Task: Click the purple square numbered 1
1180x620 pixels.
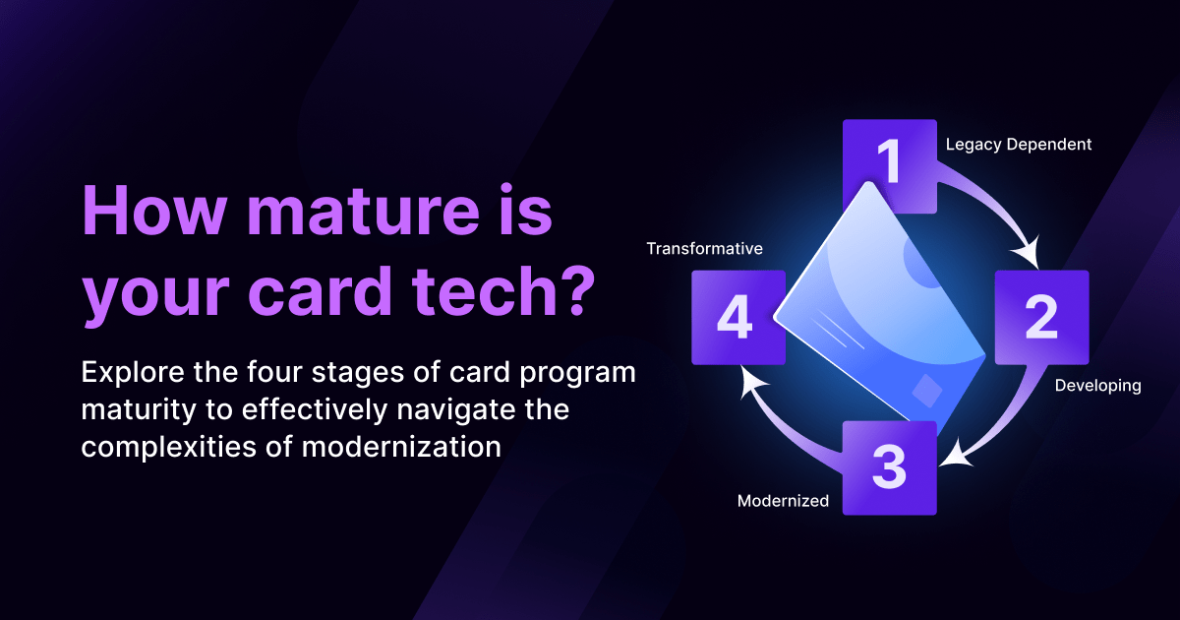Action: point(890,166)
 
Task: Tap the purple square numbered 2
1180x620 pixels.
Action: point(1041,317)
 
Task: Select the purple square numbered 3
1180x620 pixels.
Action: point(890,468)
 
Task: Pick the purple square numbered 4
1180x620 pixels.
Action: point(738,317)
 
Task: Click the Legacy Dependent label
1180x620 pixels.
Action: point(1019,145)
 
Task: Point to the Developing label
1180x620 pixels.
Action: point(1097,386)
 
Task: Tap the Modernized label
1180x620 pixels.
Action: point(783,501)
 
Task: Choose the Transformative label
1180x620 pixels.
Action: point(704,249)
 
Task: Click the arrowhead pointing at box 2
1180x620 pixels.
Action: point(1028,253)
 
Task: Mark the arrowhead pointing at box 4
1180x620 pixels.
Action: point(752,382)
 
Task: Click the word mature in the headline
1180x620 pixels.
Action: point(363,211)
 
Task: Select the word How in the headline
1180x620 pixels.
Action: point(153,210)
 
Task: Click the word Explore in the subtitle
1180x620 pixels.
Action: point(134,374)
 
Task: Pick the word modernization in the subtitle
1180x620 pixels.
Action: point(401,447)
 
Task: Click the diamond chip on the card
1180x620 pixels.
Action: point(926,391)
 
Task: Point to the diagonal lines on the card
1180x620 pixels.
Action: point(838,330)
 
